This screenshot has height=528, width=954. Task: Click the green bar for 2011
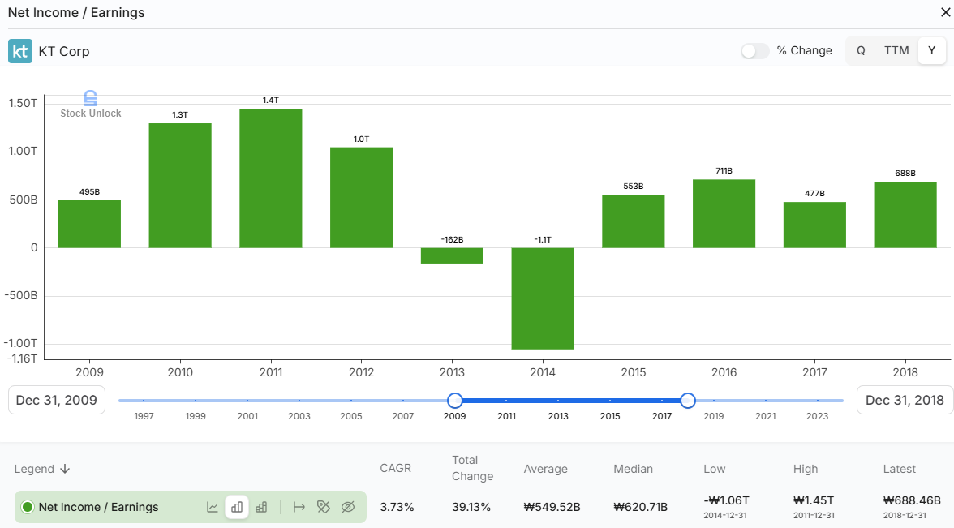[x=271, y=178]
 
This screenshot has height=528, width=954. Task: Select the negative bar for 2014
[x=543, y=298]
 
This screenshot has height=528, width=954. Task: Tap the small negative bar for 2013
[x=452, y=255]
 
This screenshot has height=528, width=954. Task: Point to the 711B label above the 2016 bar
[x=724, y=171]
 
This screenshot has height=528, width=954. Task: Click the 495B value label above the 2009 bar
[x=89, y=192]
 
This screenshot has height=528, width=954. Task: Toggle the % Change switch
[x=754, y=51]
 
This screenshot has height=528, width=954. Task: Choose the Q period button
[x=861, y=50]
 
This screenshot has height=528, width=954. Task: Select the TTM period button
[x=896, y=50]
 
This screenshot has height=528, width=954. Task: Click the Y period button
[x=932, y=50]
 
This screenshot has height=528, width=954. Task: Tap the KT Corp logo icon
[x=20, y=51]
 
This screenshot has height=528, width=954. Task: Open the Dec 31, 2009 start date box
[x=57, y=400]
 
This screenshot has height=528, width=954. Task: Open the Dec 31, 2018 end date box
[x=905, y=400]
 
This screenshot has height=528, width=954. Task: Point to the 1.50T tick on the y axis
[x=23, y=104]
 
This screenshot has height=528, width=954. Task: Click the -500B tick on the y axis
[x=21, y=296]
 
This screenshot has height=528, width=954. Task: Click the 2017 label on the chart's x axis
[x=814, y=372]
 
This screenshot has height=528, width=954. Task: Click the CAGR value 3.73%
[x=397, y=507]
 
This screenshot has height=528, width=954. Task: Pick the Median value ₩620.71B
[x=640, y=507]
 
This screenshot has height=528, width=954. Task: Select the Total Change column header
[x=472, y=468]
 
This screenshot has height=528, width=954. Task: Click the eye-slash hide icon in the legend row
[x=348, y=507]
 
